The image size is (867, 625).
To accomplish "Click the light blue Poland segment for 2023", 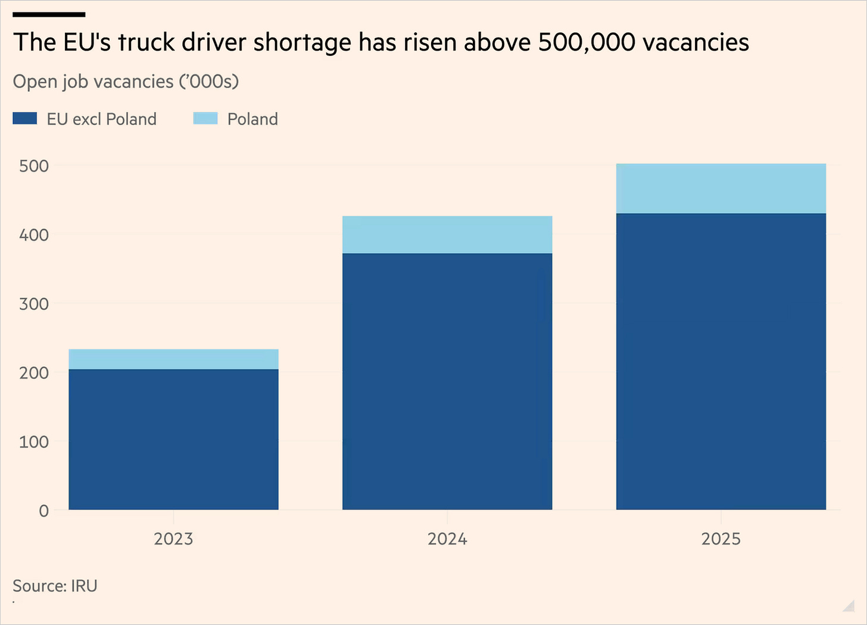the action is pyautogui.click(x=173, y=359).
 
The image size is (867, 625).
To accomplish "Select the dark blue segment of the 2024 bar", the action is pyautogui.click(x=447, y=381).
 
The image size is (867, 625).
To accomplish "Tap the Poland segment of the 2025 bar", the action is pyautogui.click(x=721, y=189).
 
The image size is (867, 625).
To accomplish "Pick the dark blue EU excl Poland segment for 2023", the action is pyautogui.click(x=173, y=440).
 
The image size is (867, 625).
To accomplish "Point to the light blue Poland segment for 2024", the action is pyautogui.click(x=447, y=235).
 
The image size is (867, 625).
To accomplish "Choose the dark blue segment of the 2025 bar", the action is pyautogui.click(x=721, y=361).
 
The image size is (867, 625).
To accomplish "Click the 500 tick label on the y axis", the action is pyautogui.click(x=34, y=166).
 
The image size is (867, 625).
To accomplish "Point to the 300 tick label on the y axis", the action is pyautogui.click(x=34, y=304).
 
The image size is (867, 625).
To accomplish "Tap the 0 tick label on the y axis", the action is pyautogui.click(x=43, y=511).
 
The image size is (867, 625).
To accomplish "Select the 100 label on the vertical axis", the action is pyautogui.click(x=34, y=442).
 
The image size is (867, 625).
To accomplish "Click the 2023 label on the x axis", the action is pyautogui.click(x=173, y=539).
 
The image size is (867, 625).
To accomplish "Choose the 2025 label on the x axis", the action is pyautogui.click(x=721, y=539).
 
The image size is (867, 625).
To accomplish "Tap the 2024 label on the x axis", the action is pyautogui.click(x=447, y=539).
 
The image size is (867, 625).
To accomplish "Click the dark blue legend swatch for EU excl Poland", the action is pyautogui.click(x=25, y=118).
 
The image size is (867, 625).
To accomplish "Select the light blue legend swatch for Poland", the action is pyautogui.click(x=205, y=118).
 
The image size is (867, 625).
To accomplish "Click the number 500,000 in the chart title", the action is pyautogui.click(x=587, y=42).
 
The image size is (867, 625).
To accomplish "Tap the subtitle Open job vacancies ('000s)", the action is pyautogui.click(x=126, y=82).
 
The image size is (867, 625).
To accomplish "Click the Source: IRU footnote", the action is pyautogui.click(x=55, y=586).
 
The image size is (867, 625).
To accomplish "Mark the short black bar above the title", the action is pyautogui.click(x=49, y=15).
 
